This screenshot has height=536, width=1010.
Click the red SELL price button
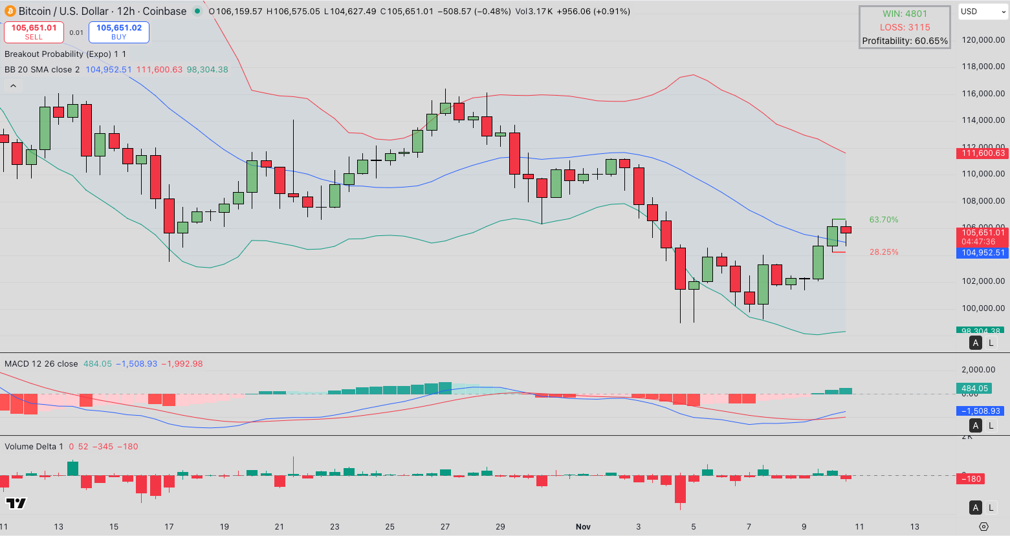[x=34, y=32]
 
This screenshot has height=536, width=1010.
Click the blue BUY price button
[x=119, y=32]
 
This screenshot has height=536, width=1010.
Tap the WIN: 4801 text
[x=905, y=14]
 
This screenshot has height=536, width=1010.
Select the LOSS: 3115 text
[x=905, y=27]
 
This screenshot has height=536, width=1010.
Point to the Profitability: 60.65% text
[x=905, y=41]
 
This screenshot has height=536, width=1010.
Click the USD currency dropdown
[x=982, y=12]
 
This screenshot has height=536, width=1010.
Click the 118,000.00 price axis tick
[x=983, y=67]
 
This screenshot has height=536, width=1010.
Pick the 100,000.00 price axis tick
[x=983, y=308]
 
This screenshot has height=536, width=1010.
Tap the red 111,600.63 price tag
[x=983, y=153]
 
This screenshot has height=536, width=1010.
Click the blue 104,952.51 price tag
[x=983, y=253]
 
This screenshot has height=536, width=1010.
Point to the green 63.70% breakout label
[x=883, y=220]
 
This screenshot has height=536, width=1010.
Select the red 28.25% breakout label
[x=883, y=252]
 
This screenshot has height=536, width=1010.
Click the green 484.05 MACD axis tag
[x=974, y=389]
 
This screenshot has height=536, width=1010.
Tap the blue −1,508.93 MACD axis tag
[x=981, y=411]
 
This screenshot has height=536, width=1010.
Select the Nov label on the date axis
[x=583, y=526]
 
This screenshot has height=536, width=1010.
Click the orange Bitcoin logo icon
[x=10, y=11]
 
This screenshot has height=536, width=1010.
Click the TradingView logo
[x=16, y=503]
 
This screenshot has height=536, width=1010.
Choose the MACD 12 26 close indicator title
[x=41, y=364]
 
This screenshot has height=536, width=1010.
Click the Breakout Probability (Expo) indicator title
[x=58, y=54]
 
